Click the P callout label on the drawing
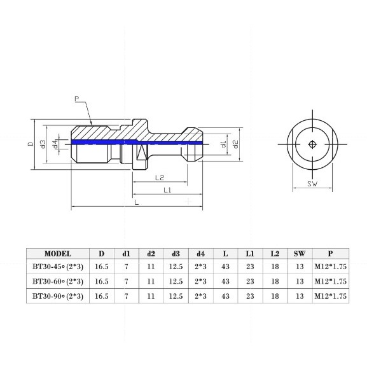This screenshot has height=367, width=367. point(76,99)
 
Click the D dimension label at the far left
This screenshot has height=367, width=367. point(30,144)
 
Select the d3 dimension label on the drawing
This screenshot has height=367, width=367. point(43,144)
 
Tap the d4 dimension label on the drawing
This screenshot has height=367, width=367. point(55,144)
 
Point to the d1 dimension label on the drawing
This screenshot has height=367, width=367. point(223,144)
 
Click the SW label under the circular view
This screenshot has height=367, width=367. point(312,184)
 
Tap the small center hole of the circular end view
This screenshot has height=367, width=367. point(312,144)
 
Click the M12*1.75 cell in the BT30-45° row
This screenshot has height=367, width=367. point(330,267)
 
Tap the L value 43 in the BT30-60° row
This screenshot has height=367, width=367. point(225,281)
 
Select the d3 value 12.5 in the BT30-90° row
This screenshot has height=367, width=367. point(176,296)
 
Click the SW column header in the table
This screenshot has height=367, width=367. point(300,253)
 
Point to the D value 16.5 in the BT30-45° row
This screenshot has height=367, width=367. point(101,267)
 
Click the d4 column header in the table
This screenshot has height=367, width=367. point(200,253)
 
